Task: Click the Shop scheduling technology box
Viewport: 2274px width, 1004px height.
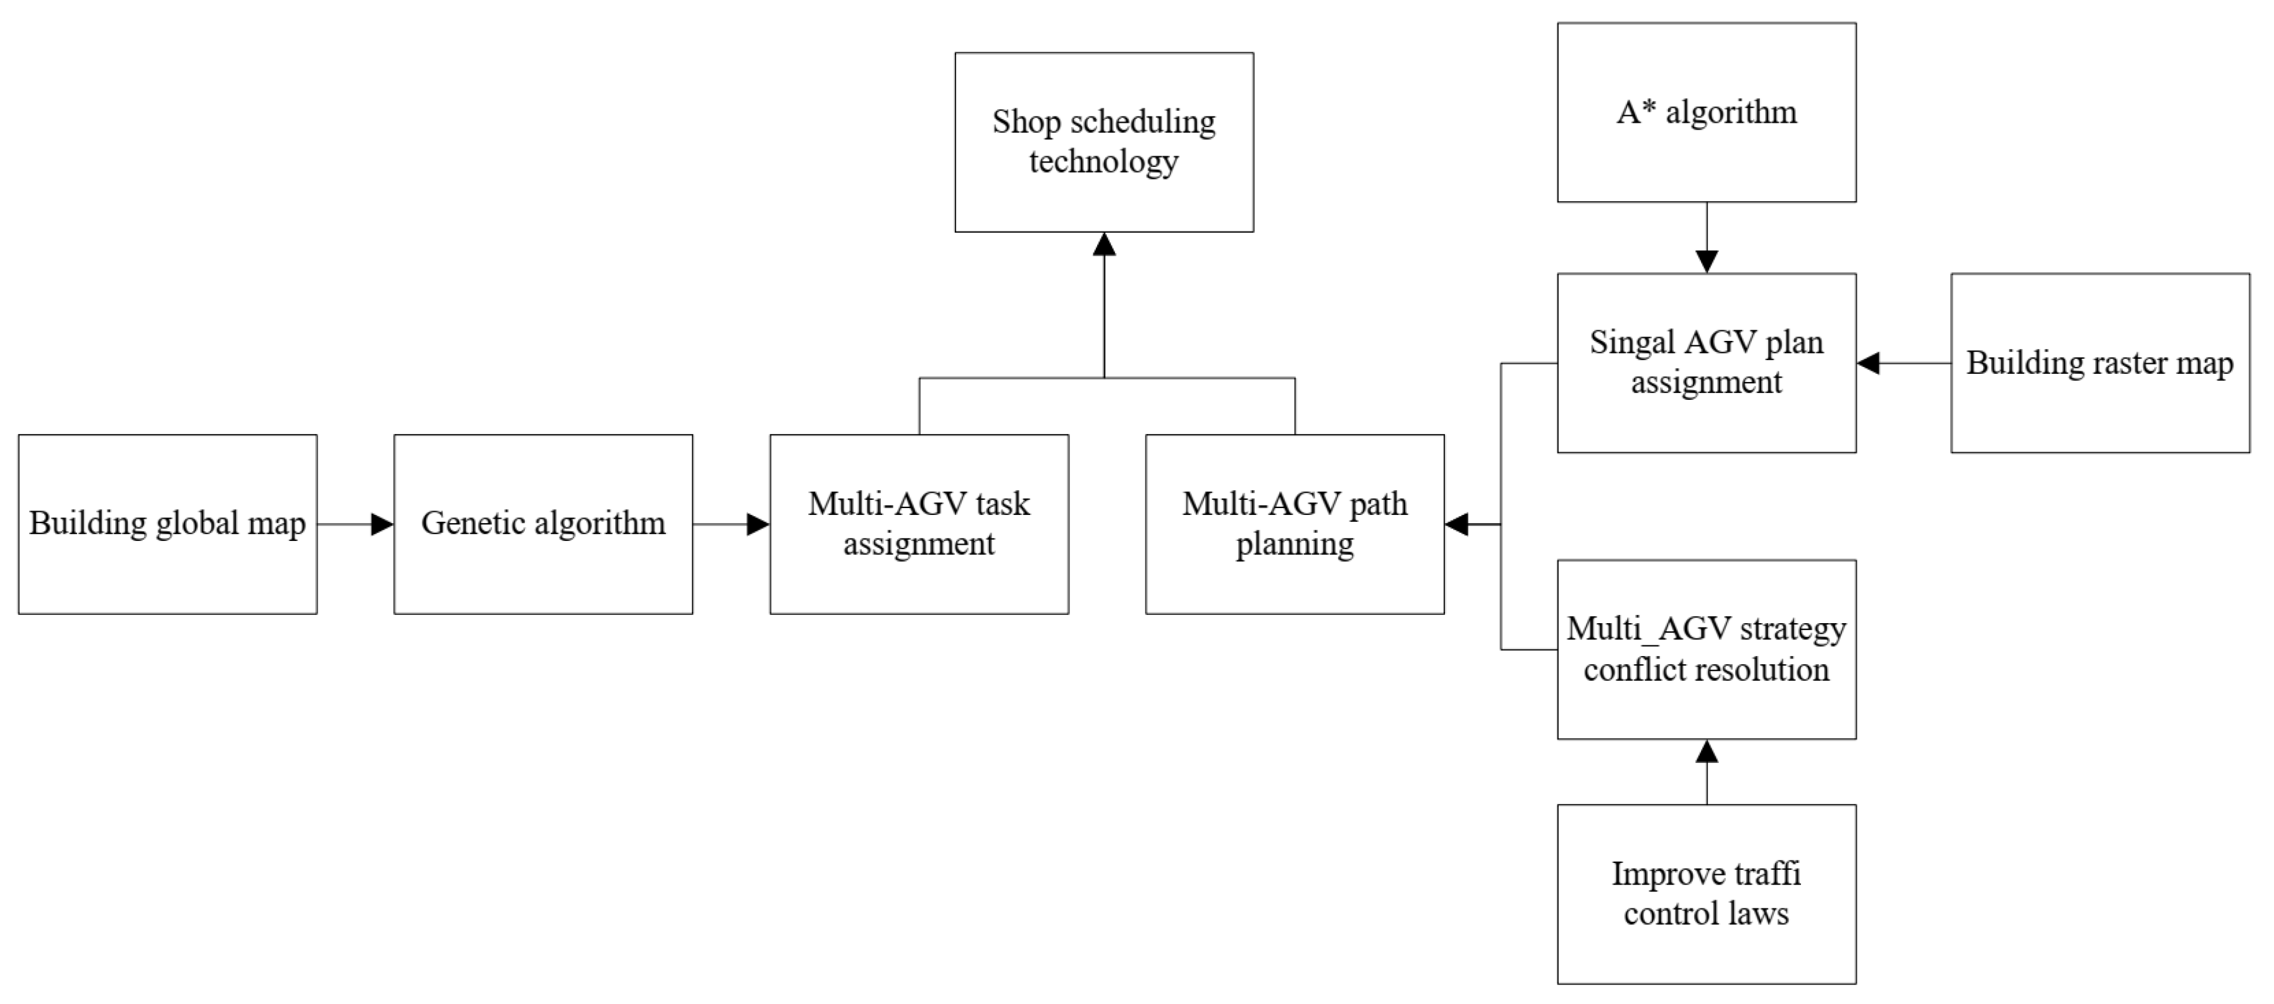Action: pyautogui.click(x=1103, y=142)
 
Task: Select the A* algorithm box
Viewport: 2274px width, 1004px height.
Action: pyautogui.click(x=1705, y=112)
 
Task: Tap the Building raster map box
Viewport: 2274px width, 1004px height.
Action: pyautogui.click(x=2099, y=363)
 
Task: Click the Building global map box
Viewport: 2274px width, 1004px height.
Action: pyautogui.click(x=167, y=524)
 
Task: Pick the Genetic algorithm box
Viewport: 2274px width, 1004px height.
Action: pyautogui.click(x=543, y=524)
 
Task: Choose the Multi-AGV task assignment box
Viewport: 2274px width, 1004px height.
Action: pyautogui.click(x=919, y=524)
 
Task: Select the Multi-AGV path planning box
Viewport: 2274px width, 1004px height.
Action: pyautogui.click(x=1294, y=524)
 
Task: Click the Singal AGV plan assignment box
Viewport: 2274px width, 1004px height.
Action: pyautogui.click(x=1705, y=363)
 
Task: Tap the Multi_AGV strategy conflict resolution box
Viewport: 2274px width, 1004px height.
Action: pyautogui.click(x=1705, y=649)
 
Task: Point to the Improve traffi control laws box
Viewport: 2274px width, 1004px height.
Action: pyautogui.click(x=1705, y=894)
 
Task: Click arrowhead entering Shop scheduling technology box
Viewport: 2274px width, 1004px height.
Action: pyautogui.click(x=1103, y=245)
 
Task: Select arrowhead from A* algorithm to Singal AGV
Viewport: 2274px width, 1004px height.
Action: pyautogui.click(x=1706, y=261)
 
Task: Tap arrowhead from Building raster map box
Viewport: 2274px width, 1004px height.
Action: pyautogui.click(x=1869, y=363)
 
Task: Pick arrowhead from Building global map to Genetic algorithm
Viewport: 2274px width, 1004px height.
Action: pyautogui.click(x=381, y=524)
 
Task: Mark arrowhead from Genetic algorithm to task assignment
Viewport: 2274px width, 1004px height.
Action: pyautogui.click(x=758, y=524)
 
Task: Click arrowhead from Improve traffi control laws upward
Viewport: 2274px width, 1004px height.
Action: pyautogui.click(x=1706, y=752)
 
